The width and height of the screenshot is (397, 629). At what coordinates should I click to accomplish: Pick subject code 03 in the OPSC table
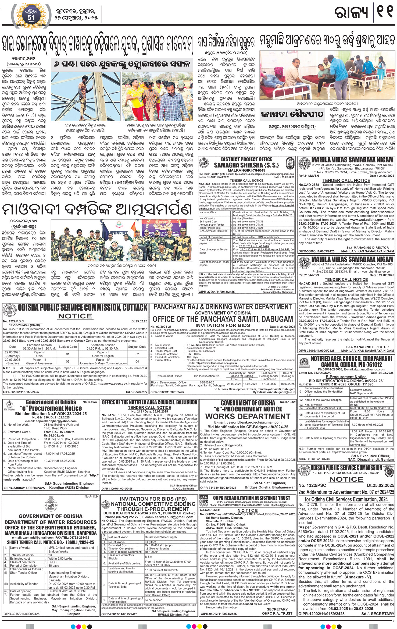[x=67, y=361]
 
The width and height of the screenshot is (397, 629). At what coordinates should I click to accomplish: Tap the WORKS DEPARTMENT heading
[x=248, y=416]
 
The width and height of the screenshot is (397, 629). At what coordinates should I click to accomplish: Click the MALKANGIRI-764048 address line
[x=246, y=170]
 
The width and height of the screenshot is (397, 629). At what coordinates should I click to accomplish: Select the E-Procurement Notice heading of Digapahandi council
[x=346, y=377]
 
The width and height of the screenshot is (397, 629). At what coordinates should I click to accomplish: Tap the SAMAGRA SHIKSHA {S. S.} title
[x=246, y=165]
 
